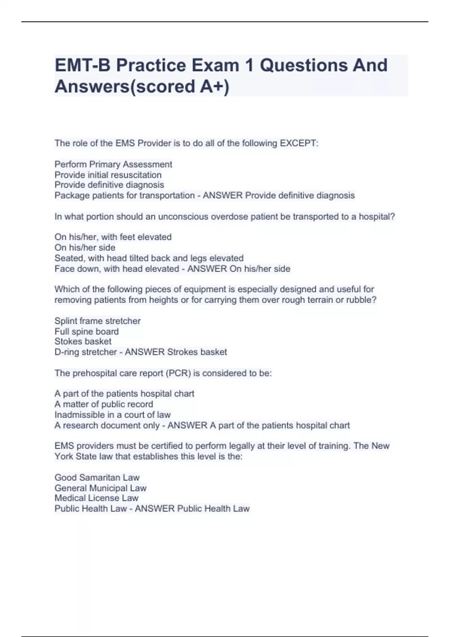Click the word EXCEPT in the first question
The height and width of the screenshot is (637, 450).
pos(298,143)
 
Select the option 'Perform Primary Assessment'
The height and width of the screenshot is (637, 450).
pos(113,164)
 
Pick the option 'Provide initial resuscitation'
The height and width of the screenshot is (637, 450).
pos(108,175)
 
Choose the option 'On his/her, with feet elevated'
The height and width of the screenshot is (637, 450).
pos(113,237)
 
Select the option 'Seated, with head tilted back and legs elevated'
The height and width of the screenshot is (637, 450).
pos(149,258)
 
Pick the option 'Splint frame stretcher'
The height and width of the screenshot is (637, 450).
pos(97,321)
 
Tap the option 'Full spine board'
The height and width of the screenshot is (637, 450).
pos(87,331)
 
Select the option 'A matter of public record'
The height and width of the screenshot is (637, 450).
pos(104,404)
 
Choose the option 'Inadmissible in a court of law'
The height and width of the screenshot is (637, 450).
pos(112,414)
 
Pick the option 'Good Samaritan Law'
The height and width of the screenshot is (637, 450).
pos(97,477)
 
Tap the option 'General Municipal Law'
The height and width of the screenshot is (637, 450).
pos(100,488)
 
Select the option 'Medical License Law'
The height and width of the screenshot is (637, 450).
pos(96,498)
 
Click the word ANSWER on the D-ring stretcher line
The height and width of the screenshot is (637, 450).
pos(145,352)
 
